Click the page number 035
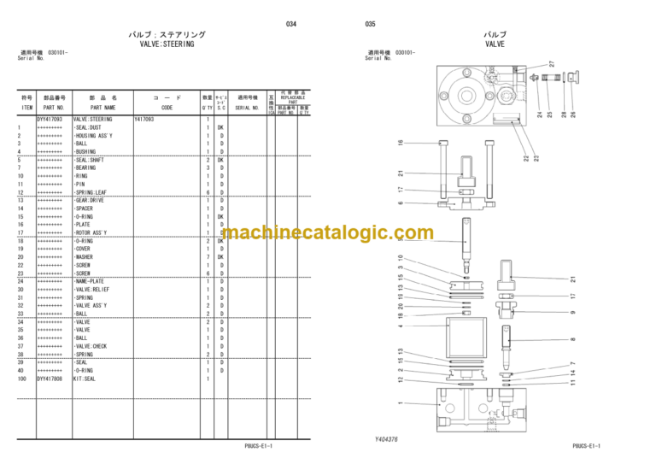370,24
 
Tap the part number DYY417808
50,378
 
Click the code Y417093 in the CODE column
146,120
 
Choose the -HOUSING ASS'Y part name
97,136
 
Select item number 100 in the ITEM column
20,378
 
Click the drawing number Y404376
386,439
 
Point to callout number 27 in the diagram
552,64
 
